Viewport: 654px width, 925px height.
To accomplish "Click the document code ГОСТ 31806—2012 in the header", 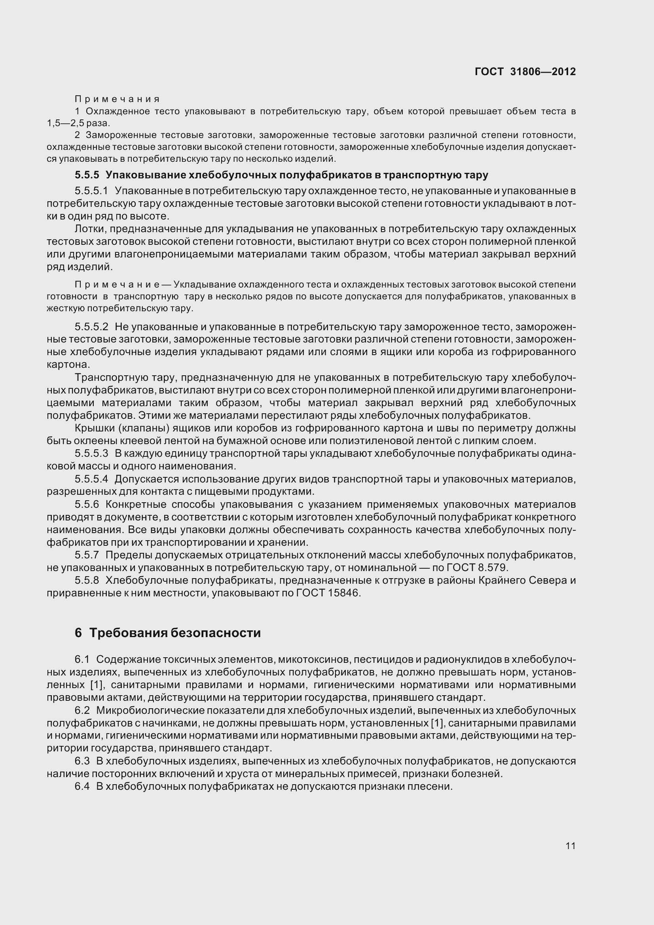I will [x=525, y=72].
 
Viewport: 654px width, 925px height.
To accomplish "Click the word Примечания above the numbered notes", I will [x=117, y=99].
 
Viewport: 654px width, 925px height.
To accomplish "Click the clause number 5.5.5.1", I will [x=91, y=191].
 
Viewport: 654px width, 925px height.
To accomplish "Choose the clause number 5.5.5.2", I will [x=91, y=326].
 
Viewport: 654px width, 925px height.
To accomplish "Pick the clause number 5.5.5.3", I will [x=91, y=454].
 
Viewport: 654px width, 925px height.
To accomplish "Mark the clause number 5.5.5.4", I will [x=91, y=479].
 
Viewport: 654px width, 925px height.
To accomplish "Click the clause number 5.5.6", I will [x=87, y=504].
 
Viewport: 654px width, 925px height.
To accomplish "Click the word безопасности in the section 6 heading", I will [x=216, y=633].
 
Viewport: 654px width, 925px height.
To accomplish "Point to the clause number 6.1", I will [x=82, y=660].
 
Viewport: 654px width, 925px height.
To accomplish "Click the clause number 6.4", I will [x=82, y=787].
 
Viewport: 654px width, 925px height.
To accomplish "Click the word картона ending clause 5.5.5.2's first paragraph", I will [x=67, y=365].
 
